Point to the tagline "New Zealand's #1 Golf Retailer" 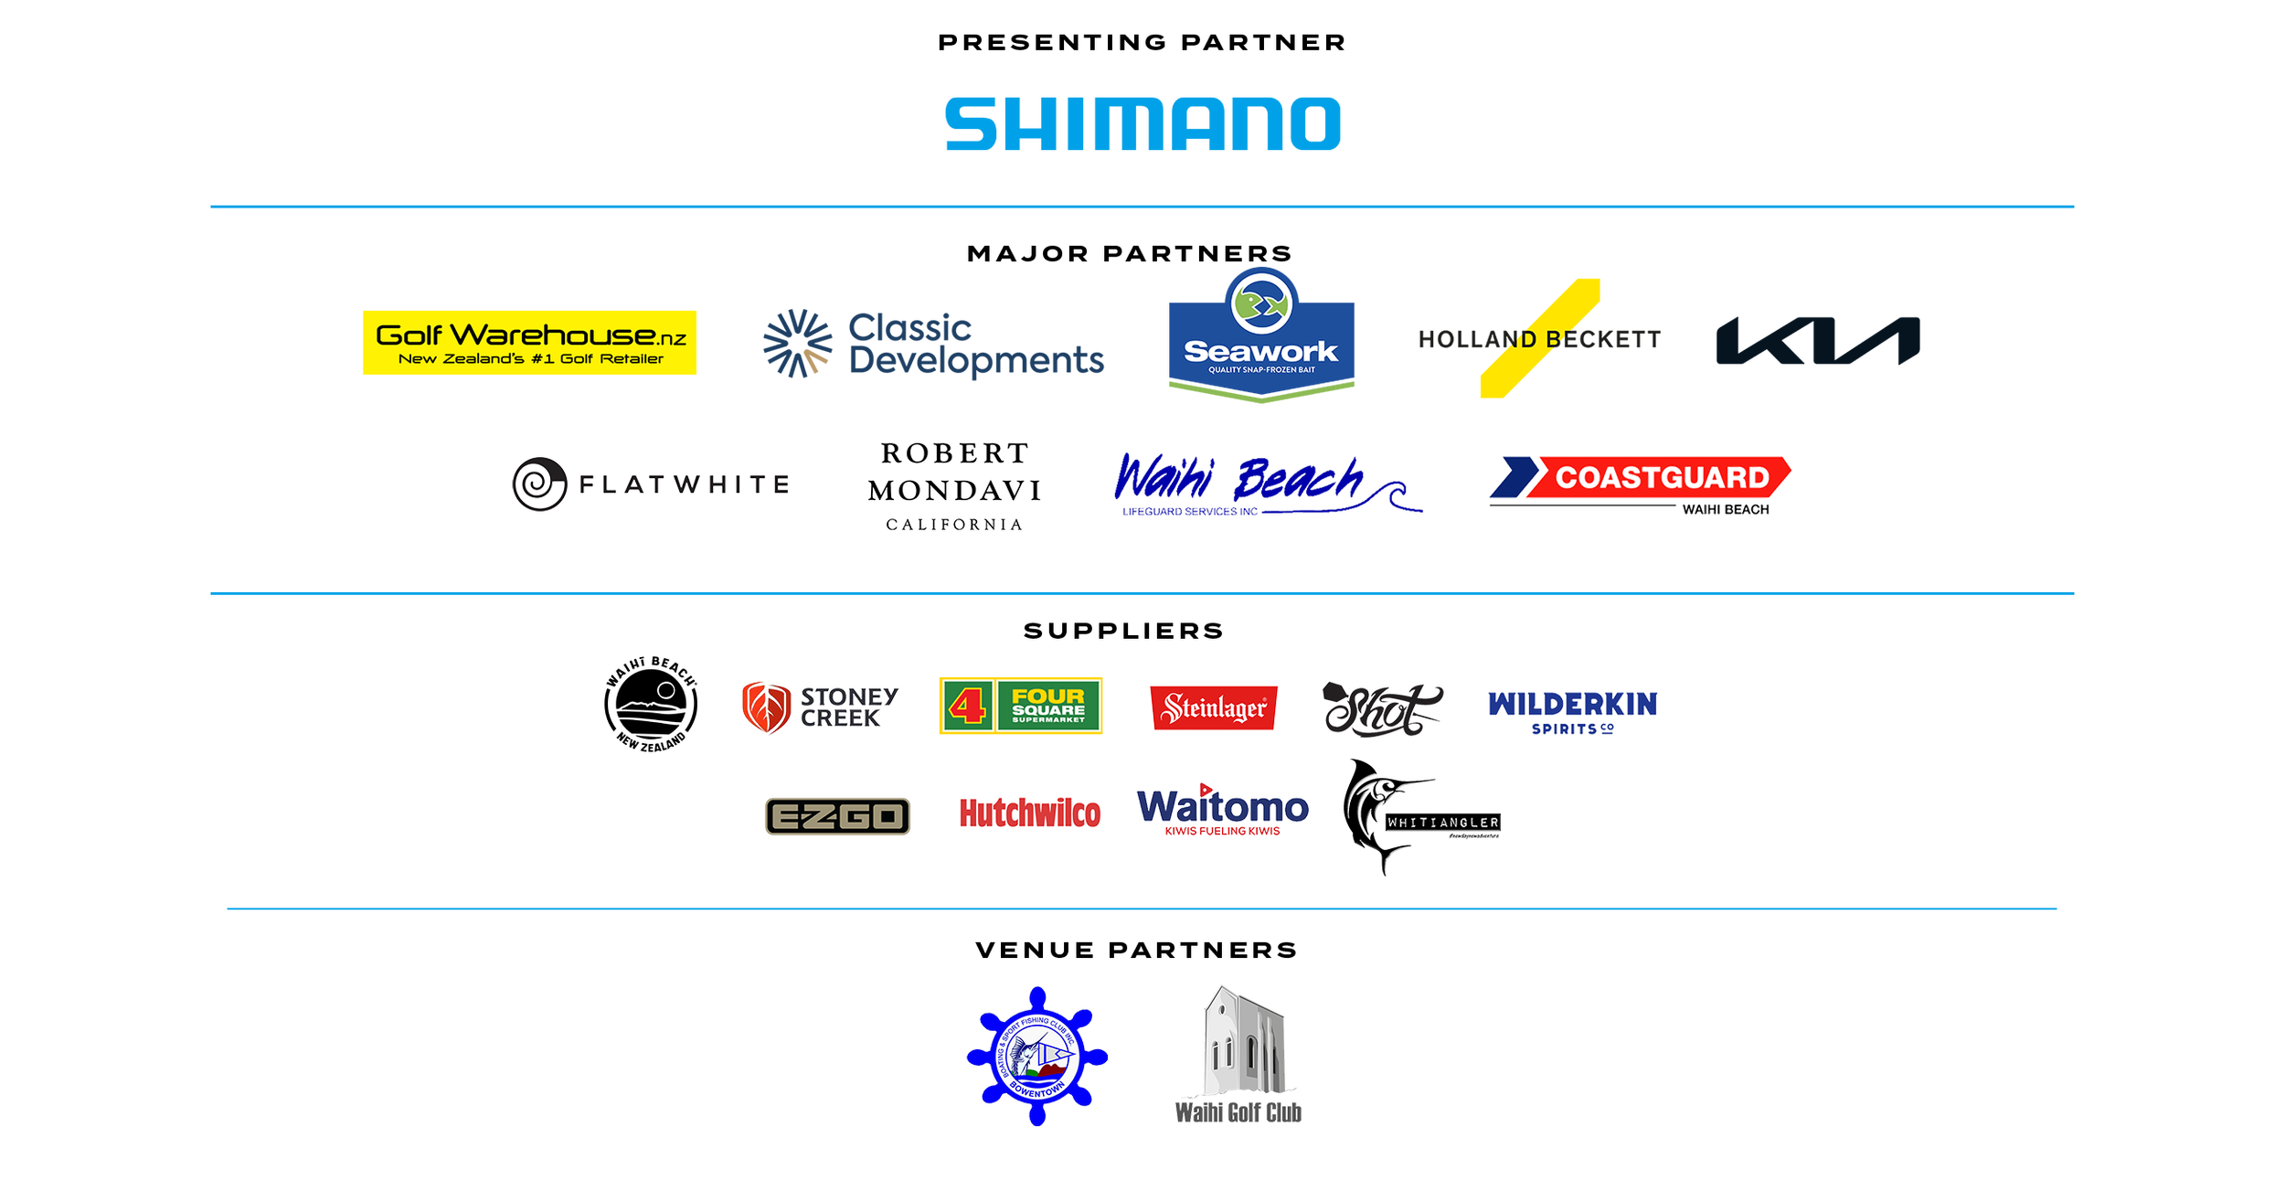click(x=531, y=359)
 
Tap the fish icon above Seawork click(x=1260, y=303)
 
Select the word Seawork click(x=1260, y=352)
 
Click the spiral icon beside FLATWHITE click(x=537, y=484)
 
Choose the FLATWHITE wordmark click(x=685, y=484)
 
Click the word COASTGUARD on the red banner click(x=1662, y=477)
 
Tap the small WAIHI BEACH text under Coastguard click(x=1724, y=509)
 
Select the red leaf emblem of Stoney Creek click(x=765, y=708)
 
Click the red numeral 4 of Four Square click(x=966, y=706)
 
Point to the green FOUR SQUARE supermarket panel click(x=1048, y=706)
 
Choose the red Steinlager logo click(x=1213, y=707)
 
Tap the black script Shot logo click(x=1379, y=709)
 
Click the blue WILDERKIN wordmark click(x=1571, y=706)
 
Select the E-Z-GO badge click(x=835, y=816)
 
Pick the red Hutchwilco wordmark click(x=1030, y=813)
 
